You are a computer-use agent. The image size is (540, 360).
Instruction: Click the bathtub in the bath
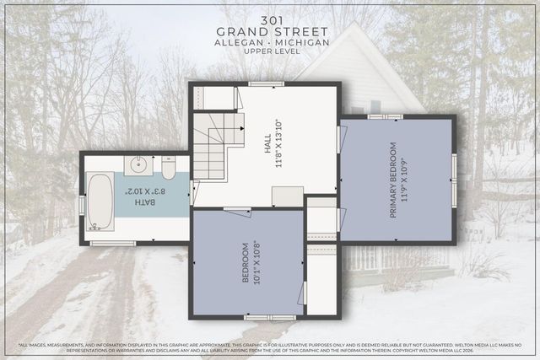click(100, 201)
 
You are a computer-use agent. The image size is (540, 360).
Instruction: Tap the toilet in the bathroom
click(168, 169)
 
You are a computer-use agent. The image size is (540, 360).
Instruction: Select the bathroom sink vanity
click(140, 165)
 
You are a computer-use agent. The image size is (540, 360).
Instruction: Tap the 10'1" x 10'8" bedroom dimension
click(256, 263)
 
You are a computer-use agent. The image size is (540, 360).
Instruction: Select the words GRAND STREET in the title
click(270, 30)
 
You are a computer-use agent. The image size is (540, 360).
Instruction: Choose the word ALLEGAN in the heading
click(240, 42)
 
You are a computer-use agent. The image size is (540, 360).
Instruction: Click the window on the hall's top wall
click(267, 83)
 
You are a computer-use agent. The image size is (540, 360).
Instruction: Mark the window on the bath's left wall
click(82, 205)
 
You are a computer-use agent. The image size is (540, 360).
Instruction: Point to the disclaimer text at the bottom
click(270, 347)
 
